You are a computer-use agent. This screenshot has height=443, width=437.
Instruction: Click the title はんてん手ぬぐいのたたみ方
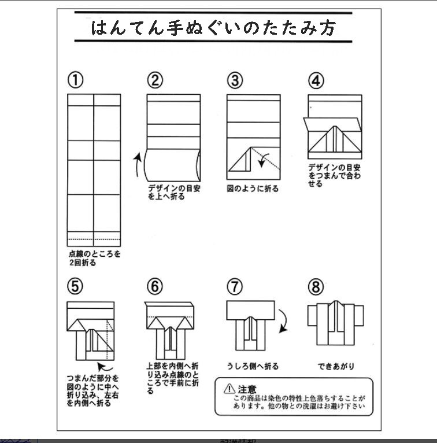pos(213,28)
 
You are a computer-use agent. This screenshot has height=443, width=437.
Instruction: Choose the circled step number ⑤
pos(75,286)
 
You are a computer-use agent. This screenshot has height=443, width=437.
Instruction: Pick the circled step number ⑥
pos(155,286)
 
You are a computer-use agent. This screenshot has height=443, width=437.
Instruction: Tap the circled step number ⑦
pos(234,286)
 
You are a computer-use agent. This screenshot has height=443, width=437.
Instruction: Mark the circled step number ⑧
pos(316,286)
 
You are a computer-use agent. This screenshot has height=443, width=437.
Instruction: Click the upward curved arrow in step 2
pos(137,164)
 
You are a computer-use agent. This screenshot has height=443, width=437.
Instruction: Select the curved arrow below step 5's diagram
pos(105,366)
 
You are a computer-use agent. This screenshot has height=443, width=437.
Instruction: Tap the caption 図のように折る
pos(252,189)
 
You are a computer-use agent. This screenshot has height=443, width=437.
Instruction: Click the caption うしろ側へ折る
pos(253,366)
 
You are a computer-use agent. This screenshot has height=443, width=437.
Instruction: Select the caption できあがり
pos(336,366)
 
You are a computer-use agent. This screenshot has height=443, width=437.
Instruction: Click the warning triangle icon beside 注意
pos(229,389)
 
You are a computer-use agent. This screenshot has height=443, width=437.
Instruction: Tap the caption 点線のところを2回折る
pos(94,258)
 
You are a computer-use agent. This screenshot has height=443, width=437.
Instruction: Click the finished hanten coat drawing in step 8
pos(336,324)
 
